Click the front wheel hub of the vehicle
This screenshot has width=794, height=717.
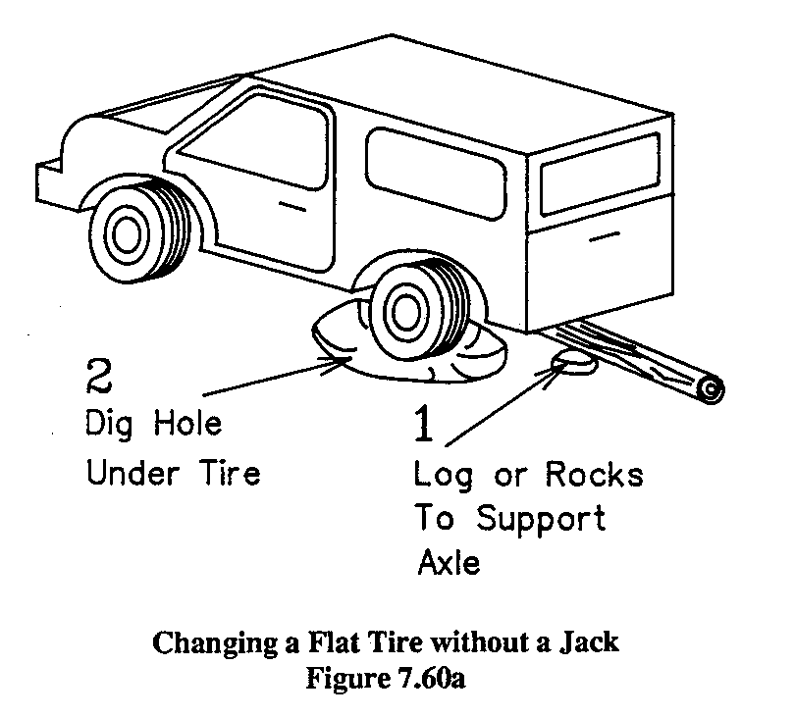pos(125,234)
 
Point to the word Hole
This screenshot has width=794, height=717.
pos(187,426)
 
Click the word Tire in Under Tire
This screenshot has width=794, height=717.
pos(228,474)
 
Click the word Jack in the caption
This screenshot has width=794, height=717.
pos(591,644)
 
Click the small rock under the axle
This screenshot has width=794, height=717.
pos(571,364)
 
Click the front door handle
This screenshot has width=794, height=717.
pos(291,206)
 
